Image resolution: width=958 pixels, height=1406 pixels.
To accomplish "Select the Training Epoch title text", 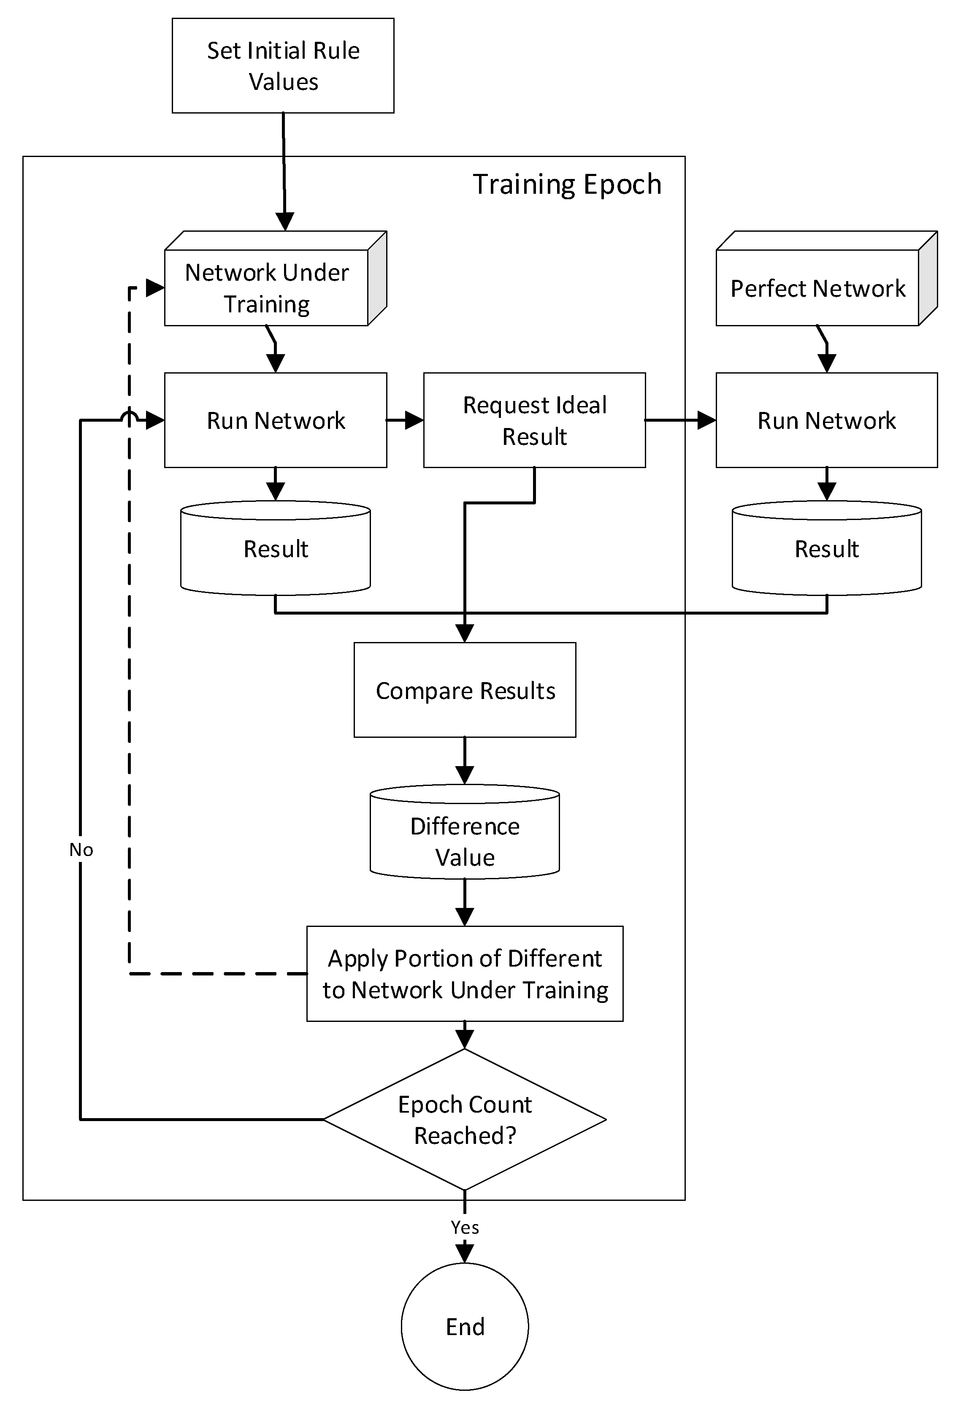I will pyautogui.click(x=567, y=184).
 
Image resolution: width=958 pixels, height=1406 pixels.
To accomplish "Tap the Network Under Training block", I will pyautogui.click(x=267, y=287).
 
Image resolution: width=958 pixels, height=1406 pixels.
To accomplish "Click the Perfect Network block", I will pyautogui.click(x=818, y=288).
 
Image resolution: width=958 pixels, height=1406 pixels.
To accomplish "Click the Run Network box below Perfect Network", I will pyautogui.click(x=826, y=420).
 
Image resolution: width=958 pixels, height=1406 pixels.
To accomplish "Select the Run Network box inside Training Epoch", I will pyautogui.click(x=276, y=420).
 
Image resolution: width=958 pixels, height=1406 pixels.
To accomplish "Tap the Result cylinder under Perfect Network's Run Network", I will pyautogui.click(x=826, y=549).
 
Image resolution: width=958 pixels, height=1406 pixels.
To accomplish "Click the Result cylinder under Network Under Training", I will pyautogui.click(x=276, y=549).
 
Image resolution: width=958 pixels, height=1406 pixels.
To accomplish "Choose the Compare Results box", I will pyautogui.click(x=465, y=690).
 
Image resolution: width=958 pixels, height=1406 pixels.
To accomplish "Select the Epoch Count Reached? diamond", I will pyautogui.click(x=465, y=1119).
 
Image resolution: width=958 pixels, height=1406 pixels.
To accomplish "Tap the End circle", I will pyautogui.click(x=465, y=1327).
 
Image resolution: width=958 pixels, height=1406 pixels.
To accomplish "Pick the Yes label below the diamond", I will pyautogui.click(x=465, y=1227).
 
